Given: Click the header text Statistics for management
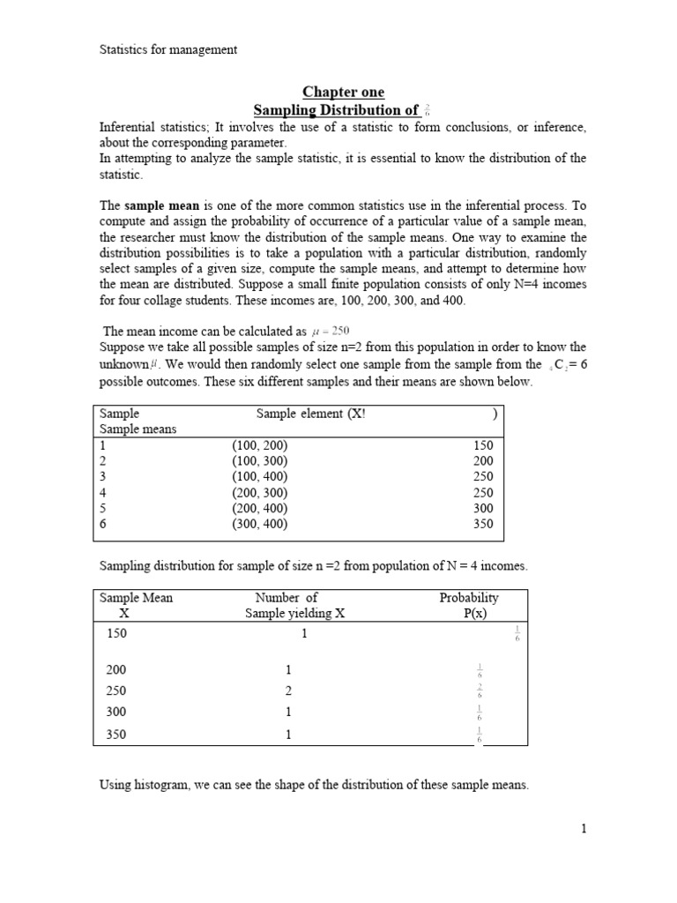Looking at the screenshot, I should (167, 49).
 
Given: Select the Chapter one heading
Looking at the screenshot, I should (344, 93).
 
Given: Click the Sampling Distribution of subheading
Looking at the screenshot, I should (336, 110).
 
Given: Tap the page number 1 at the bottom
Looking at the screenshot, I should (583, 828).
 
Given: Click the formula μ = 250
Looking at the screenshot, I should (331, 331).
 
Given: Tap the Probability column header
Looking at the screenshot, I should (469, 597).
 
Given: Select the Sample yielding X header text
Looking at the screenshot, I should (295, 614).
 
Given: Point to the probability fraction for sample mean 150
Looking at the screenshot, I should (517, 634).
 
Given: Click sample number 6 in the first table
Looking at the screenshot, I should (103, 524).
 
